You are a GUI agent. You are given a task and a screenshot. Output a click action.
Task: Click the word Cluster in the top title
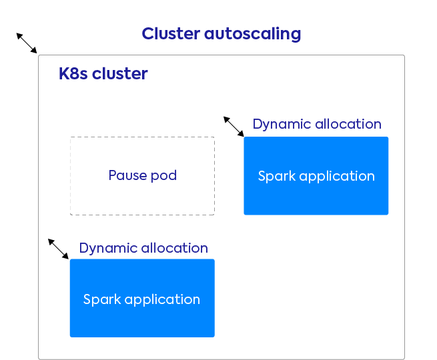(170, 34)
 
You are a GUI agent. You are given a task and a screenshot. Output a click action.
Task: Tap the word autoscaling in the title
(252, 35)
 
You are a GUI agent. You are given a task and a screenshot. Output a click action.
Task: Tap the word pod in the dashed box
(163, 176)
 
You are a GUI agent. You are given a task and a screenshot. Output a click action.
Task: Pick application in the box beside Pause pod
(336, 177)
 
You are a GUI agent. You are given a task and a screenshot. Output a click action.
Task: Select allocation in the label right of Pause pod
(348, 125)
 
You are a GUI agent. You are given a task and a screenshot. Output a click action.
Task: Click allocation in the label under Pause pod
(174, 248)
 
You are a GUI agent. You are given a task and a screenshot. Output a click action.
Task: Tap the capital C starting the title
(147, 34)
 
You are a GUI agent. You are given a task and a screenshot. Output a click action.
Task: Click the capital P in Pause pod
(112, 176)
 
